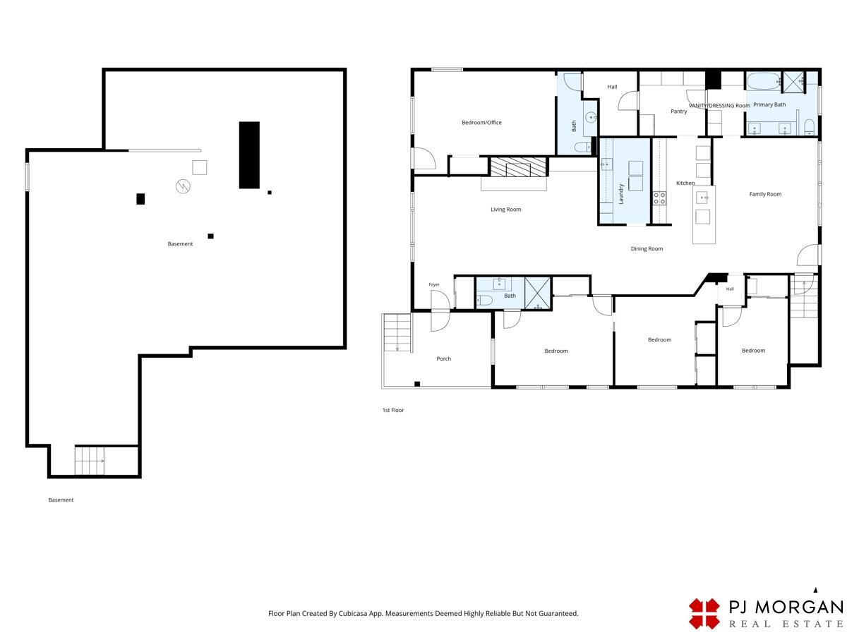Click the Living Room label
(x=505, y=210)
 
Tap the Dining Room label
(x=647, y=248)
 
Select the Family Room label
(x=765, y=194)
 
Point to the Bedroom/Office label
(x=481, y=123)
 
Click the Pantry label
(x=679, y=111)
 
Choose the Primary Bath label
(x=769, y=104)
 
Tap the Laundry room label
(x=621, y=193)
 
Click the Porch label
(x=444, y=358)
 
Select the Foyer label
(x=434, y=284)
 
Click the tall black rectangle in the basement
(x=249, y=155)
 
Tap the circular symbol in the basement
(x=183, y=186)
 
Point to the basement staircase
(x=90, y=461)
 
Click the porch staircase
(x=397, y=332)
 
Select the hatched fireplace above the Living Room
(x=519, y=167)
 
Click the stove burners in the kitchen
(x=659, y=198)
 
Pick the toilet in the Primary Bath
(x=810, y=127)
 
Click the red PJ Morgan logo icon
(x=704, y=614)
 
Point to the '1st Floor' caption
(x=393, y=410)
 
